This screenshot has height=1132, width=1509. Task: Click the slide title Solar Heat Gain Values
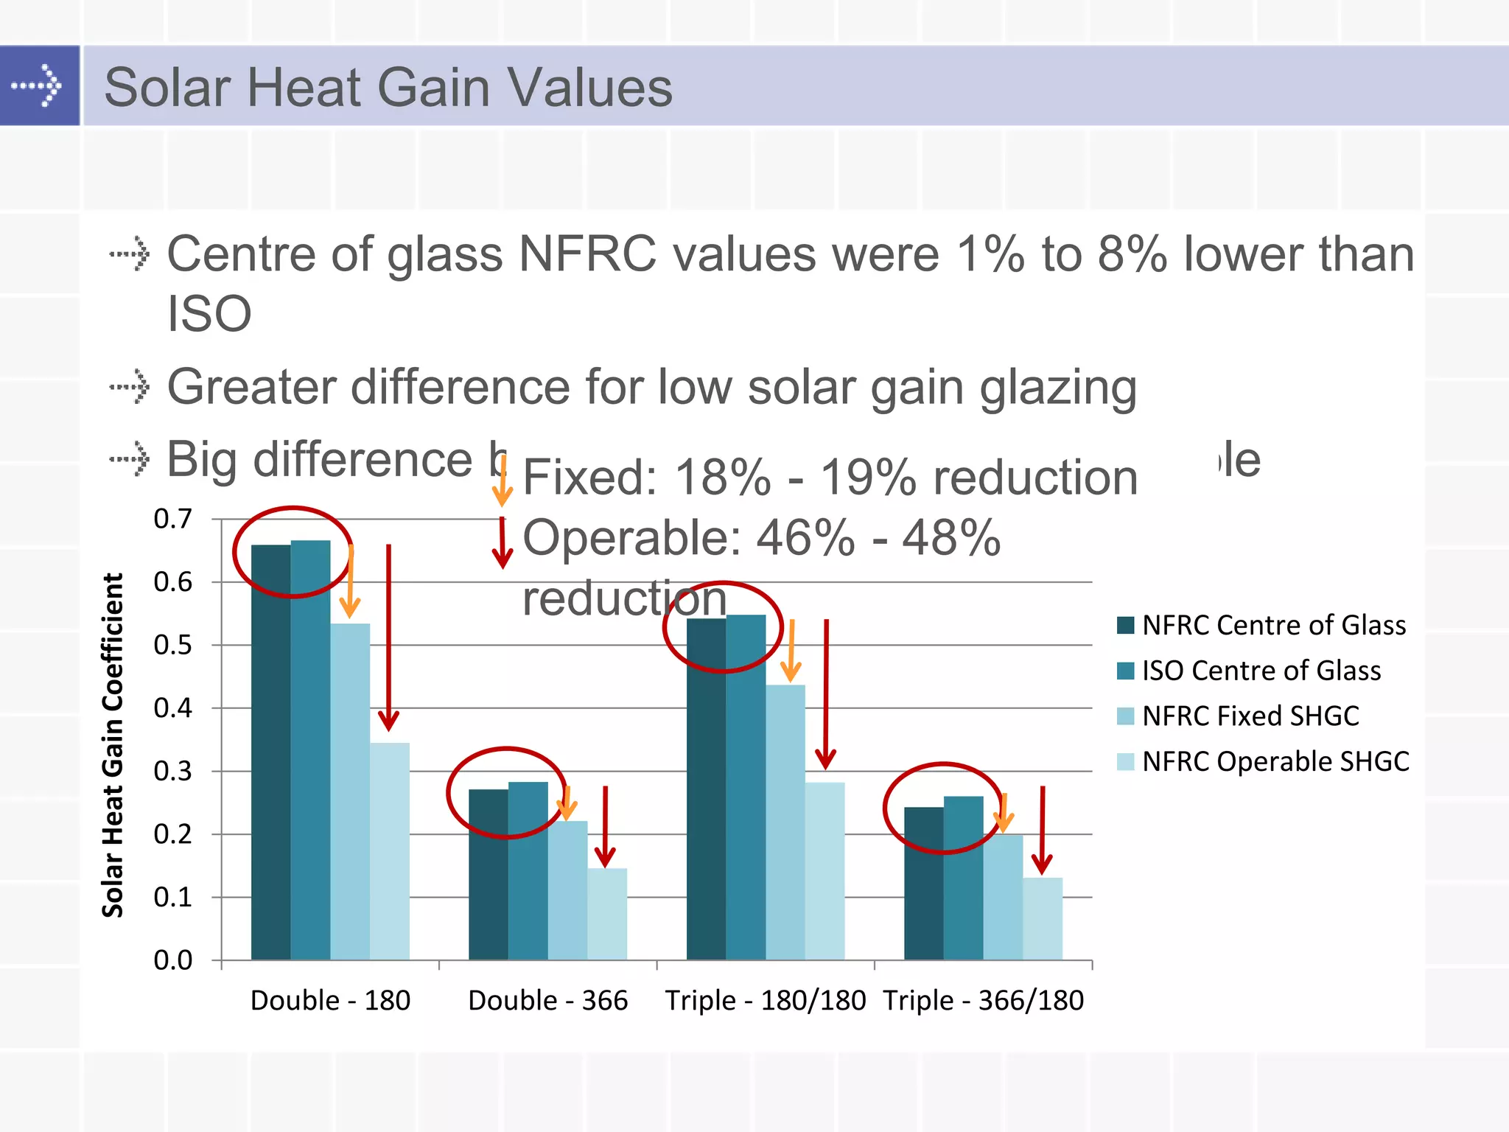point(388,88)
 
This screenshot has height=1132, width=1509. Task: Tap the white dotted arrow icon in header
point(37,85)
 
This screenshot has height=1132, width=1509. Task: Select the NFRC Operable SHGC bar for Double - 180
point(389,851)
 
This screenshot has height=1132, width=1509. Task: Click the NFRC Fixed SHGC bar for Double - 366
point(567,890)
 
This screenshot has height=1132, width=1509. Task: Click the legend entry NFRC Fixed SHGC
point(1250,716)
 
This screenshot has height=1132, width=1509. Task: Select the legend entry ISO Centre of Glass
point(1261,671)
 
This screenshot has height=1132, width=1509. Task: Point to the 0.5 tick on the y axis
point(172,645)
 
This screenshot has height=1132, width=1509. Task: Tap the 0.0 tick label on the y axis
point(172,960)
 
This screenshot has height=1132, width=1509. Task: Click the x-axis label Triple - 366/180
point(983,1001)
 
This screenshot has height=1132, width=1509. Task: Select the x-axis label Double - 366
point(547,1001)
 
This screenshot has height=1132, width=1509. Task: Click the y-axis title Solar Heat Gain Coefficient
point(113,744)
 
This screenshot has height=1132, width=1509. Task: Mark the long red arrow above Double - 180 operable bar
point(388,634)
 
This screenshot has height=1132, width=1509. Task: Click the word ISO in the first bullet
point(209,314)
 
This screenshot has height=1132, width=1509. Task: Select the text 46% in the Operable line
point(806,538)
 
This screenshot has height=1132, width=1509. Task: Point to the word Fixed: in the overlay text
point(589,478)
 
